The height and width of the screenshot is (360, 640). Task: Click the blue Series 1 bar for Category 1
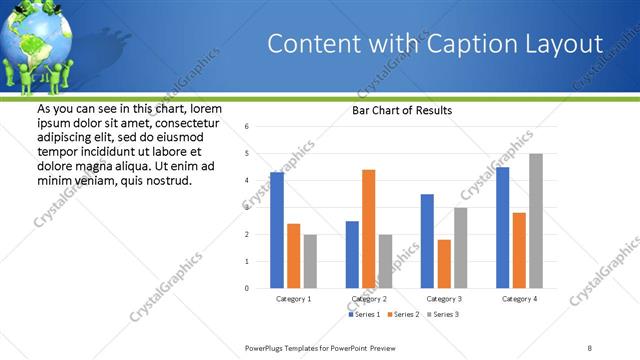pos(277,230)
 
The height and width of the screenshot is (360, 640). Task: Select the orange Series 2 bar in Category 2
pos(368,229)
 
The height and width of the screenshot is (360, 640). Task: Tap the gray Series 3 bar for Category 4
pos(536,221)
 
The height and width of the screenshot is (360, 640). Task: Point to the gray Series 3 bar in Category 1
pos(310,261)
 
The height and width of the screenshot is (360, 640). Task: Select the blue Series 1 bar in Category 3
pos(427,241)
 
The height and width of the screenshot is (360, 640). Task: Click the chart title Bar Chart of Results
pos(402,111)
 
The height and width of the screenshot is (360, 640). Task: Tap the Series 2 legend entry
pos(404,314)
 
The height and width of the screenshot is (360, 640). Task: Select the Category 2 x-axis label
pos(369,299)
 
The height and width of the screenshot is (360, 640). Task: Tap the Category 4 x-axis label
pos(519,299)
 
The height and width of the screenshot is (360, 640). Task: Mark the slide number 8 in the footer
pos(590,347)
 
